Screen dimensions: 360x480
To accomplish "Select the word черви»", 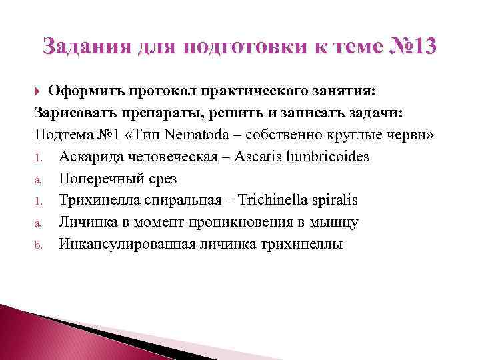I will pos(413,134).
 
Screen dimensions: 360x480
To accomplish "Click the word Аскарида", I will pos(89,156).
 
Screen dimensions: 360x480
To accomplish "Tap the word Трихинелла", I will pos(95,200).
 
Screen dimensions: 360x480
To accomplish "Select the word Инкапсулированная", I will pos(125,244).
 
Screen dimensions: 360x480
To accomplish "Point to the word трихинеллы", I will pos(301,244).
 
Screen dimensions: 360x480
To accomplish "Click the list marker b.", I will pos(37,245).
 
